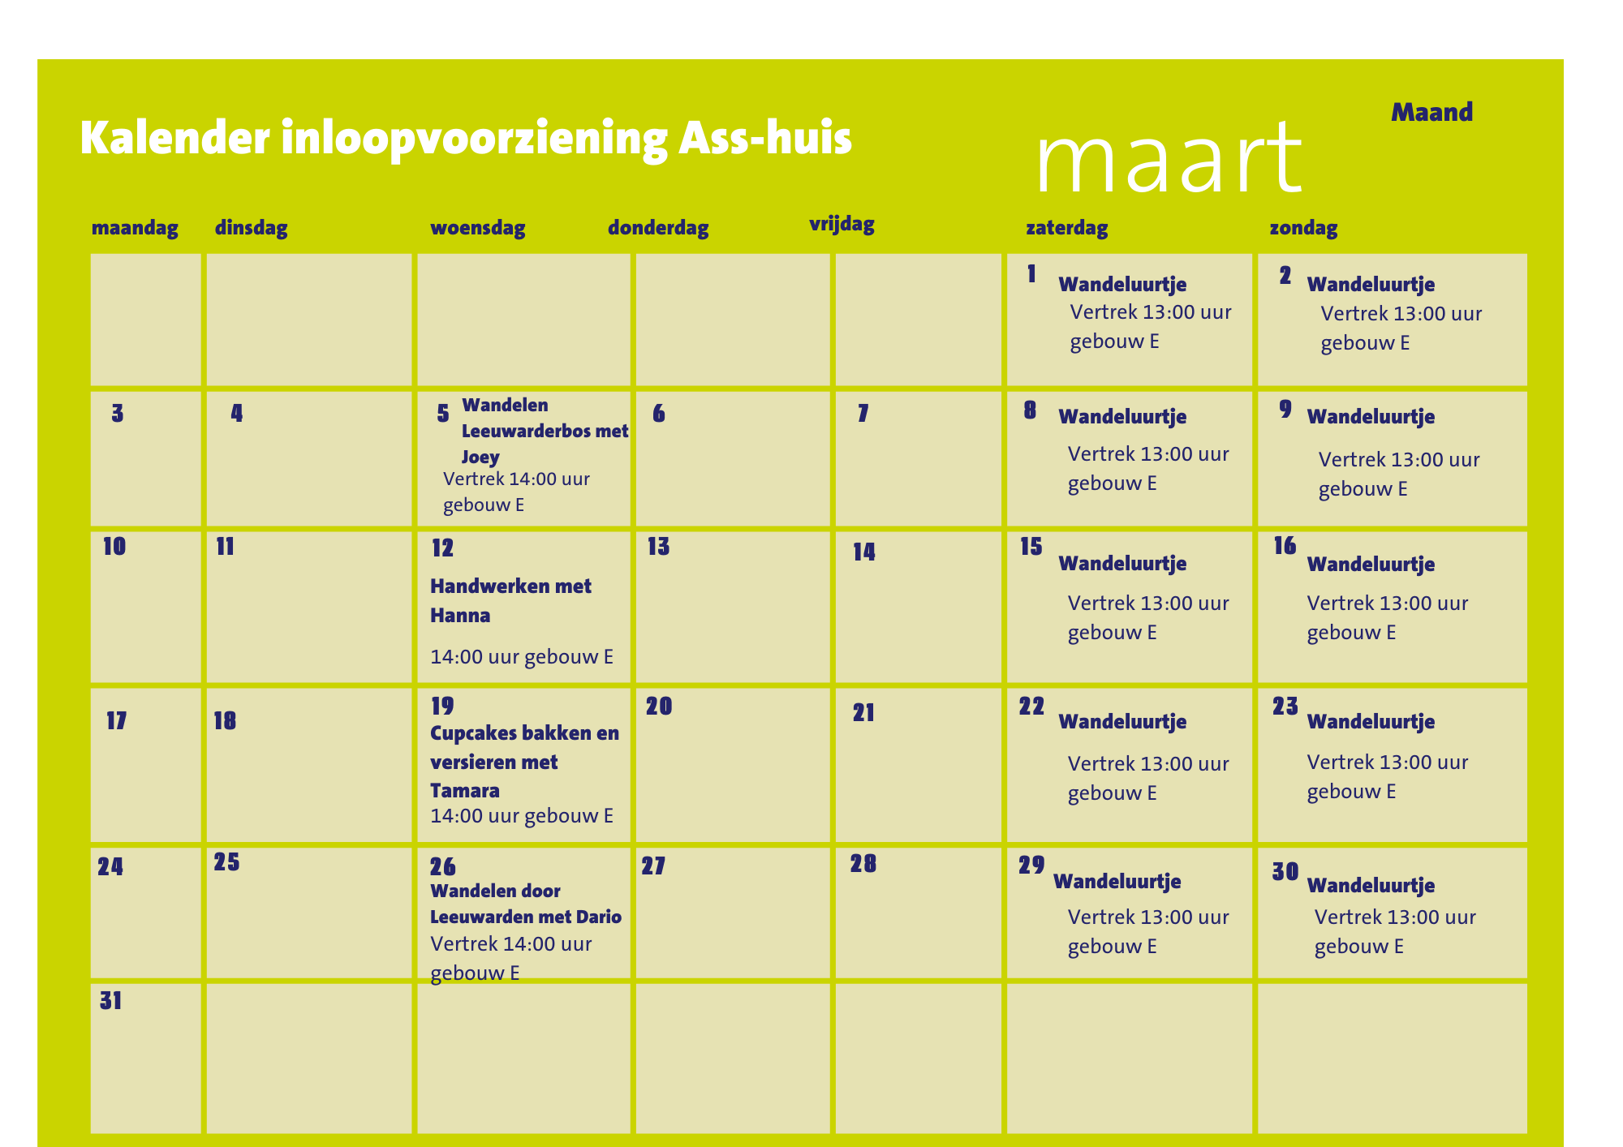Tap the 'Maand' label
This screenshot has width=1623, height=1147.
pyautogui.click(x=1431, y=112)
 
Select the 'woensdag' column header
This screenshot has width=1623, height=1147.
pyautogui.click(x=477, y=228)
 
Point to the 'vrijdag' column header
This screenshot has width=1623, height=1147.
pyautogui.click(x=842, y=225)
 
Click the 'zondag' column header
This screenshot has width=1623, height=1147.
pyautogui.click(x=1303, y=228)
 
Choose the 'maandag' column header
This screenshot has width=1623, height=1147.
pyautogui.click(x=135, y=228)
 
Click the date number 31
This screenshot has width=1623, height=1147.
pyautogui.click(x=111, y=1001)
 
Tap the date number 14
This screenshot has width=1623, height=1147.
pyautogui.click(x=864, y=552)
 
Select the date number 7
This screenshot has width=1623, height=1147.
pyautogui.click(x=863, y=414)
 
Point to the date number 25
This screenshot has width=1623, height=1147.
pyautogui.click(x=226, y=862)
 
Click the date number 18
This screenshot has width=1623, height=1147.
pyautogui.click(x=225, y=721)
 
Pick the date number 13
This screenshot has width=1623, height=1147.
pyautogui.click(x=658, y=547)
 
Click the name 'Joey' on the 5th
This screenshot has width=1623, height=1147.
pyautogui.click(x=480, y=457)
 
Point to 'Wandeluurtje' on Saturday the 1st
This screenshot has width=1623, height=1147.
pyautogui.click(x=1122, y=285)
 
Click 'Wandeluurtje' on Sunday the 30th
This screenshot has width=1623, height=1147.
pyautogui.click(x=1371, y=886)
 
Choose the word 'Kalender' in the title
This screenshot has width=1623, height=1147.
pyautogui.click(x=174, y=138)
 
